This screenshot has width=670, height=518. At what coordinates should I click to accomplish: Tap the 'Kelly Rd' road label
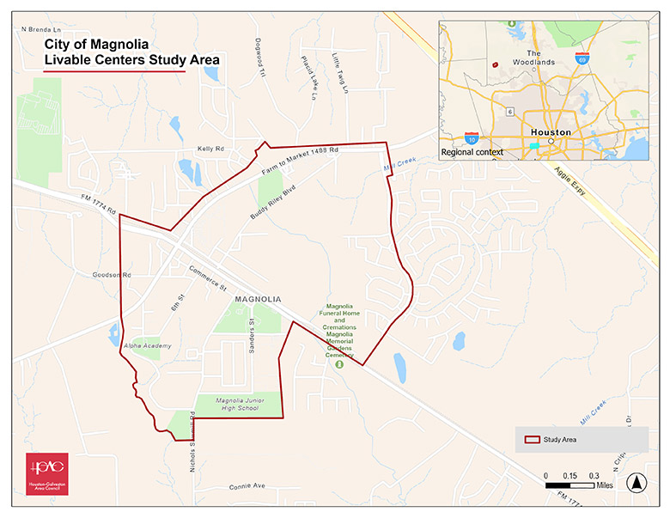coord(210,149)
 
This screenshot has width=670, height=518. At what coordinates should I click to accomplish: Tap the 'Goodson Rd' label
coord(112,276)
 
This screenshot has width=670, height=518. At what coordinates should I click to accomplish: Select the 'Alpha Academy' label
coord(147,345)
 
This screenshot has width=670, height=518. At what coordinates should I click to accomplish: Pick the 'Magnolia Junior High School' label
coord(237,404)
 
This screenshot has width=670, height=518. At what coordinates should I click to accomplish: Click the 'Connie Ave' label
coord(247,486)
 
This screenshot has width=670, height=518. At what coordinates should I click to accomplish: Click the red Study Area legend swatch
coord(532,439)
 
